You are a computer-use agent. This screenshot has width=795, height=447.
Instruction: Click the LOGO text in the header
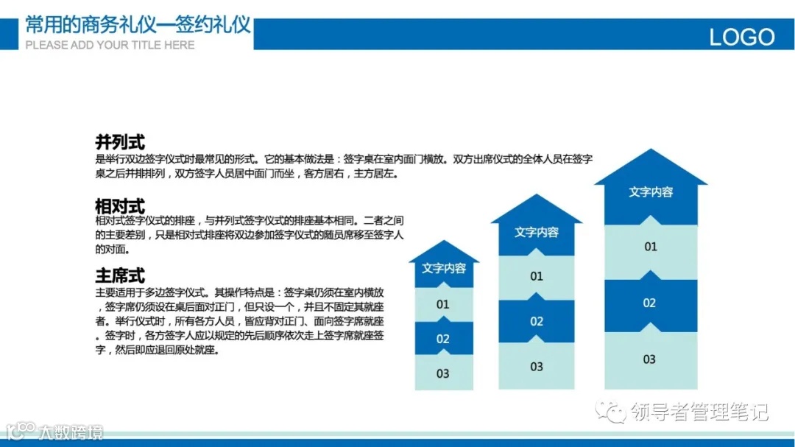click(741, 37)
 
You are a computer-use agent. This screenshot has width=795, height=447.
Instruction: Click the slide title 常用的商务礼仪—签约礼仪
click(138, 26)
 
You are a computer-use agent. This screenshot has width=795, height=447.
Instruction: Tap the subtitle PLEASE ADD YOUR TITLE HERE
click(110, 45)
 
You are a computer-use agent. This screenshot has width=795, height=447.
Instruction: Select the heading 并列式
click(120, 142)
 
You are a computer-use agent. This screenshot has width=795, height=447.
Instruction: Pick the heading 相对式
click(120, 206)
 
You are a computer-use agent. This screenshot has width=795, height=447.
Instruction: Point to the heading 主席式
click(120, 276)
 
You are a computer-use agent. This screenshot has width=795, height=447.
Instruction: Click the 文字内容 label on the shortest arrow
click(443, 268)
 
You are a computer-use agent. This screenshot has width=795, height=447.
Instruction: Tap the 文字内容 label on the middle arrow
click(536, 232)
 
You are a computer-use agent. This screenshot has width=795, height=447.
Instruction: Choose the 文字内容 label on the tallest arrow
click(650, 191)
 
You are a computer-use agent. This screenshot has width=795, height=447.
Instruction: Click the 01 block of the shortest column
click(442, 304)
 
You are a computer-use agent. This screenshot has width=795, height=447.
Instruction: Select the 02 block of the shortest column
click(442, 339)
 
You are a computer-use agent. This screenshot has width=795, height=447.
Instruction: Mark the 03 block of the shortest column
click(442, 373)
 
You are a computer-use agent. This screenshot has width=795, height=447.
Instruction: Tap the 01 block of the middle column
click(536, 276)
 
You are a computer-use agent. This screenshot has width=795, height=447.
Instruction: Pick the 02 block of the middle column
click(536, 321)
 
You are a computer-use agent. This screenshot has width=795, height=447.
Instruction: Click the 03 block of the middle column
click(536, 366)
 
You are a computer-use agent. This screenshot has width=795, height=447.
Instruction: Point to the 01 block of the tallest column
click(650, 247)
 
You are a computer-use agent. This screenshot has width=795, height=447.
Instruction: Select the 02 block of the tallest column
click(649, 303)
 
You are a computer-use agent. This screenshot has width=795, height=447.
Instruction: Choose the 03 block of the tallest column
click(649, 359)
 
